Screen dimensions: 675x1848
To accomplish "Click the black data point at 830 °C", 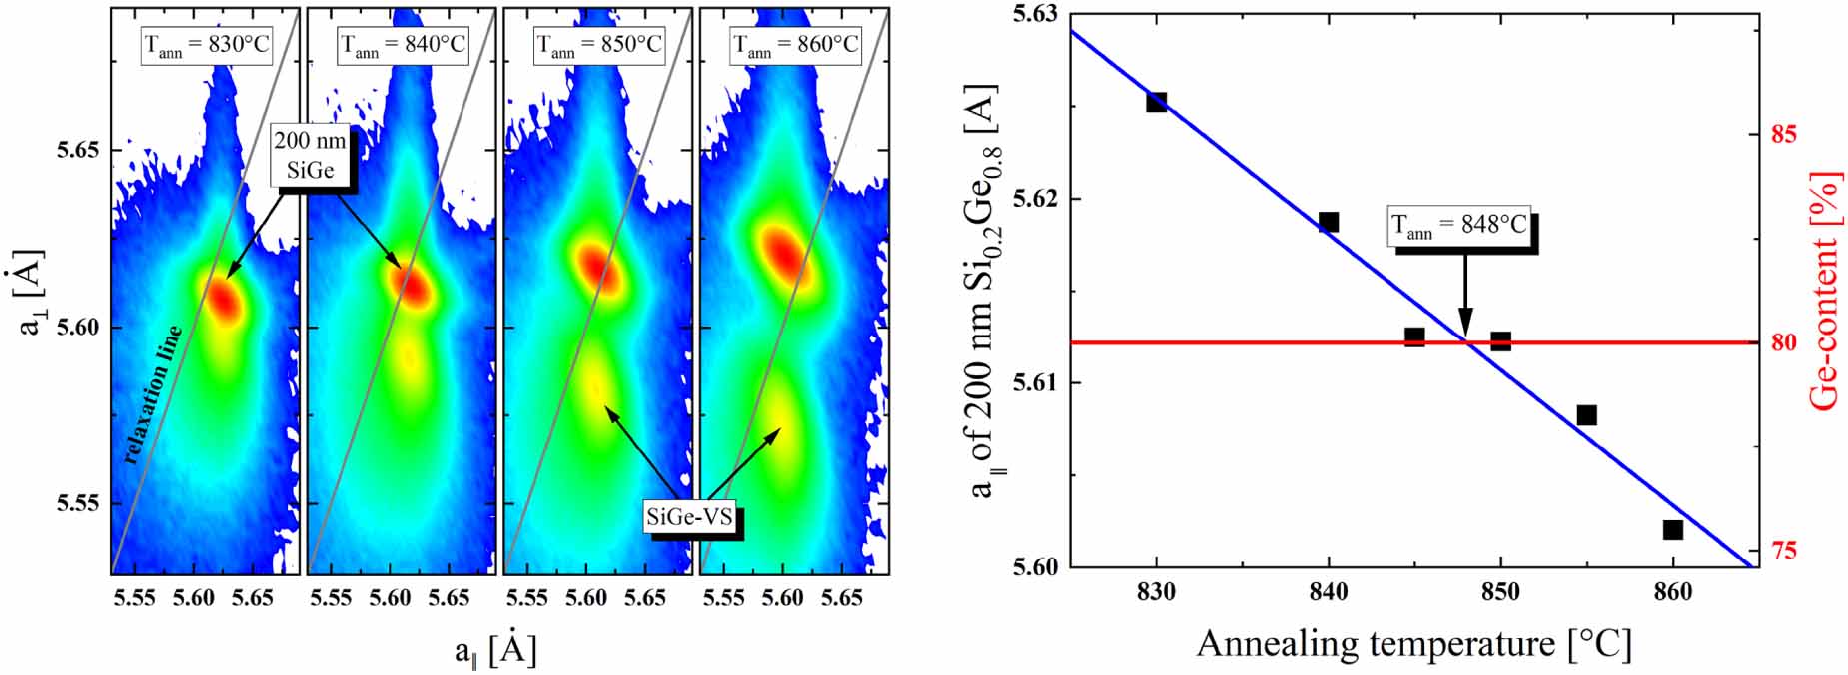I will tap(1156, 102).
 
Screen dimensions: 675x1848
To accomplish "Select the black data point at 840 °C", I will tap(1329, 222).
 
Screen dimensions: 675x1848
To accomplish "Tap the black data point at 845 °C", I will tap(1414, 337).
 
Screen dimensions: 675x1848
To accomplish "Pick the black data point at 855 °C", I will tap(1586, 415).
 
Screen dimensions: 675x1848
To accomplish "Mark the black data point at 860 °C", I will tap(1673, 530).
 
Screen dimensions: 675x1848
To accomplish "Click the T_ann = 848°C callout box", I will tap(1459, 227).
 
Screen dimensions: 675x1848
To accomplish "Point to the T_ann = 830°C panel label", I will tap(206, 45).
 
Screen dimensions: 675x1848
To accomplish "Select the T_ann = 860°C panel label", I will tap(795, 45).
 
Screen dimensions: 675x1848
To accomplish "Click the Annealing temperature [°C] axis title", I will tap(1412, 643).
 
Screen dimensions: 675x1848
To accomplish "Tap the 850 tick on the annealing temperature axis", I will tap(1500, 593).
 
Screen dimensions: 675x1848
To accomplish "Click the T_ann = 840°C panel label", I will tap(402, 45).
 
